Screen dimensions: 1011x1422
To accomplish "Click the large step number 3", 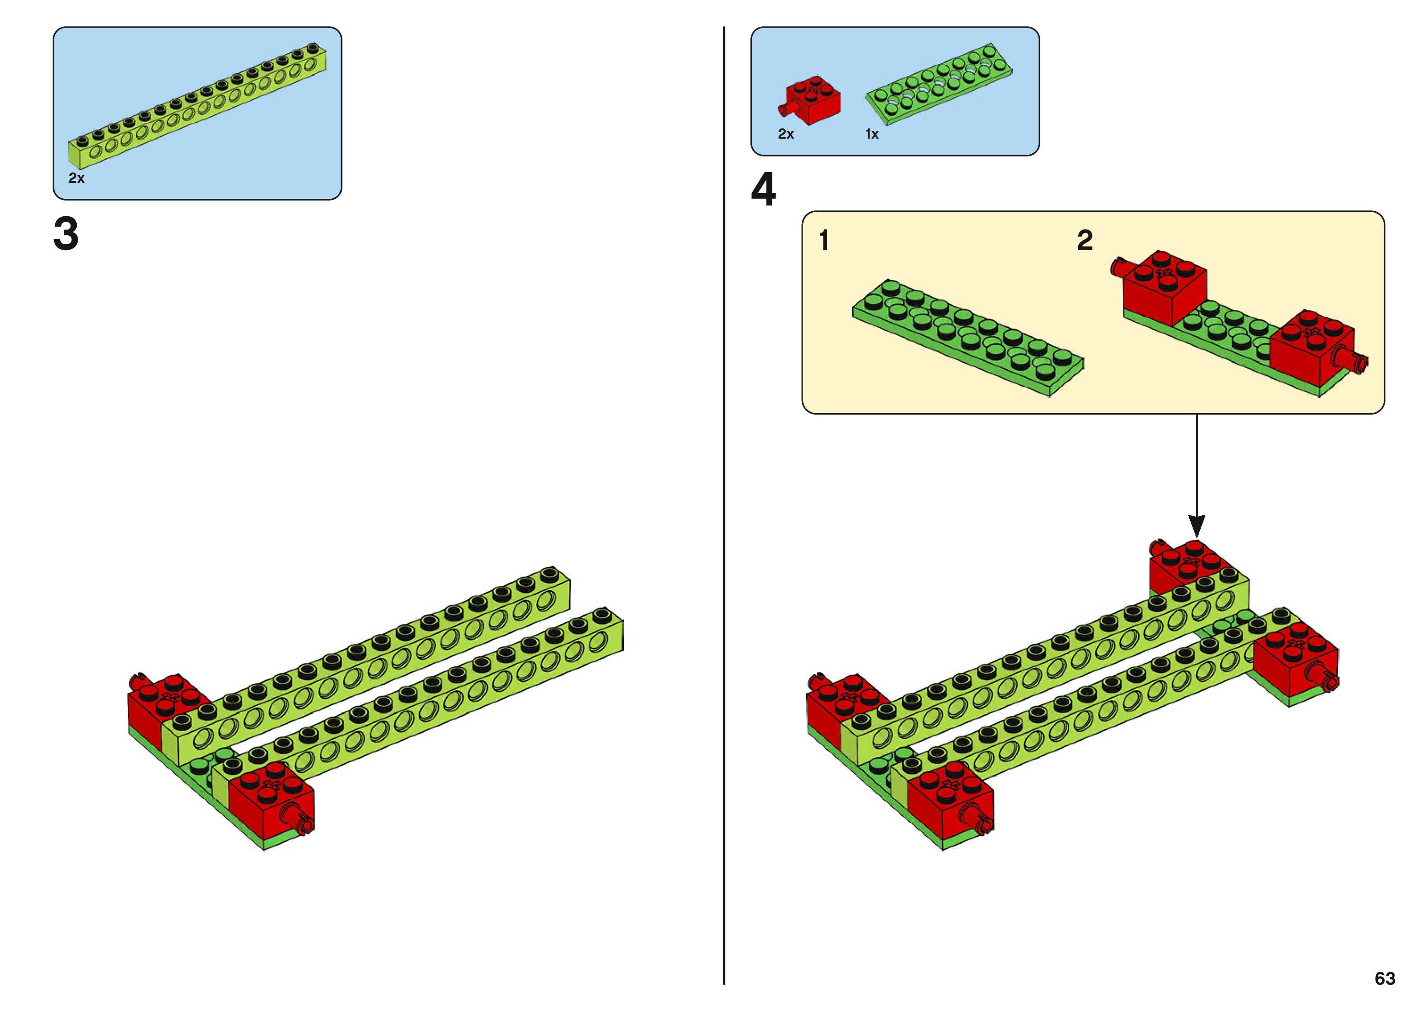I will tap(66, 234).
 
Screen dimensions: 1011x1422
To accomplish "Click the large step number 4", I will tap(763, 190).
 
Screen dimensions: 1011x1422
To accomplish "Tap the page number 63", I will tap(1385, 978).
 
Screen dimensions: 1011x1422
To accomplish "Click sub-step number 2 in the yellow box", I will tap(1084, 240).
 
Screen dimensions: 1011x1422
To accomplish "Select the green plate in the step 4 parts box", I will tap(939, 84).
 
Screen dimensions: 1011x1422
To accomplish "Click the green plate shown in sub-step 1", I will tap(968, 336).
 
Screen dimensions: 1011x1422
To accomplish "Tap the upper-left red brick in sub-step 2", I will tap(1163, 286).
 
